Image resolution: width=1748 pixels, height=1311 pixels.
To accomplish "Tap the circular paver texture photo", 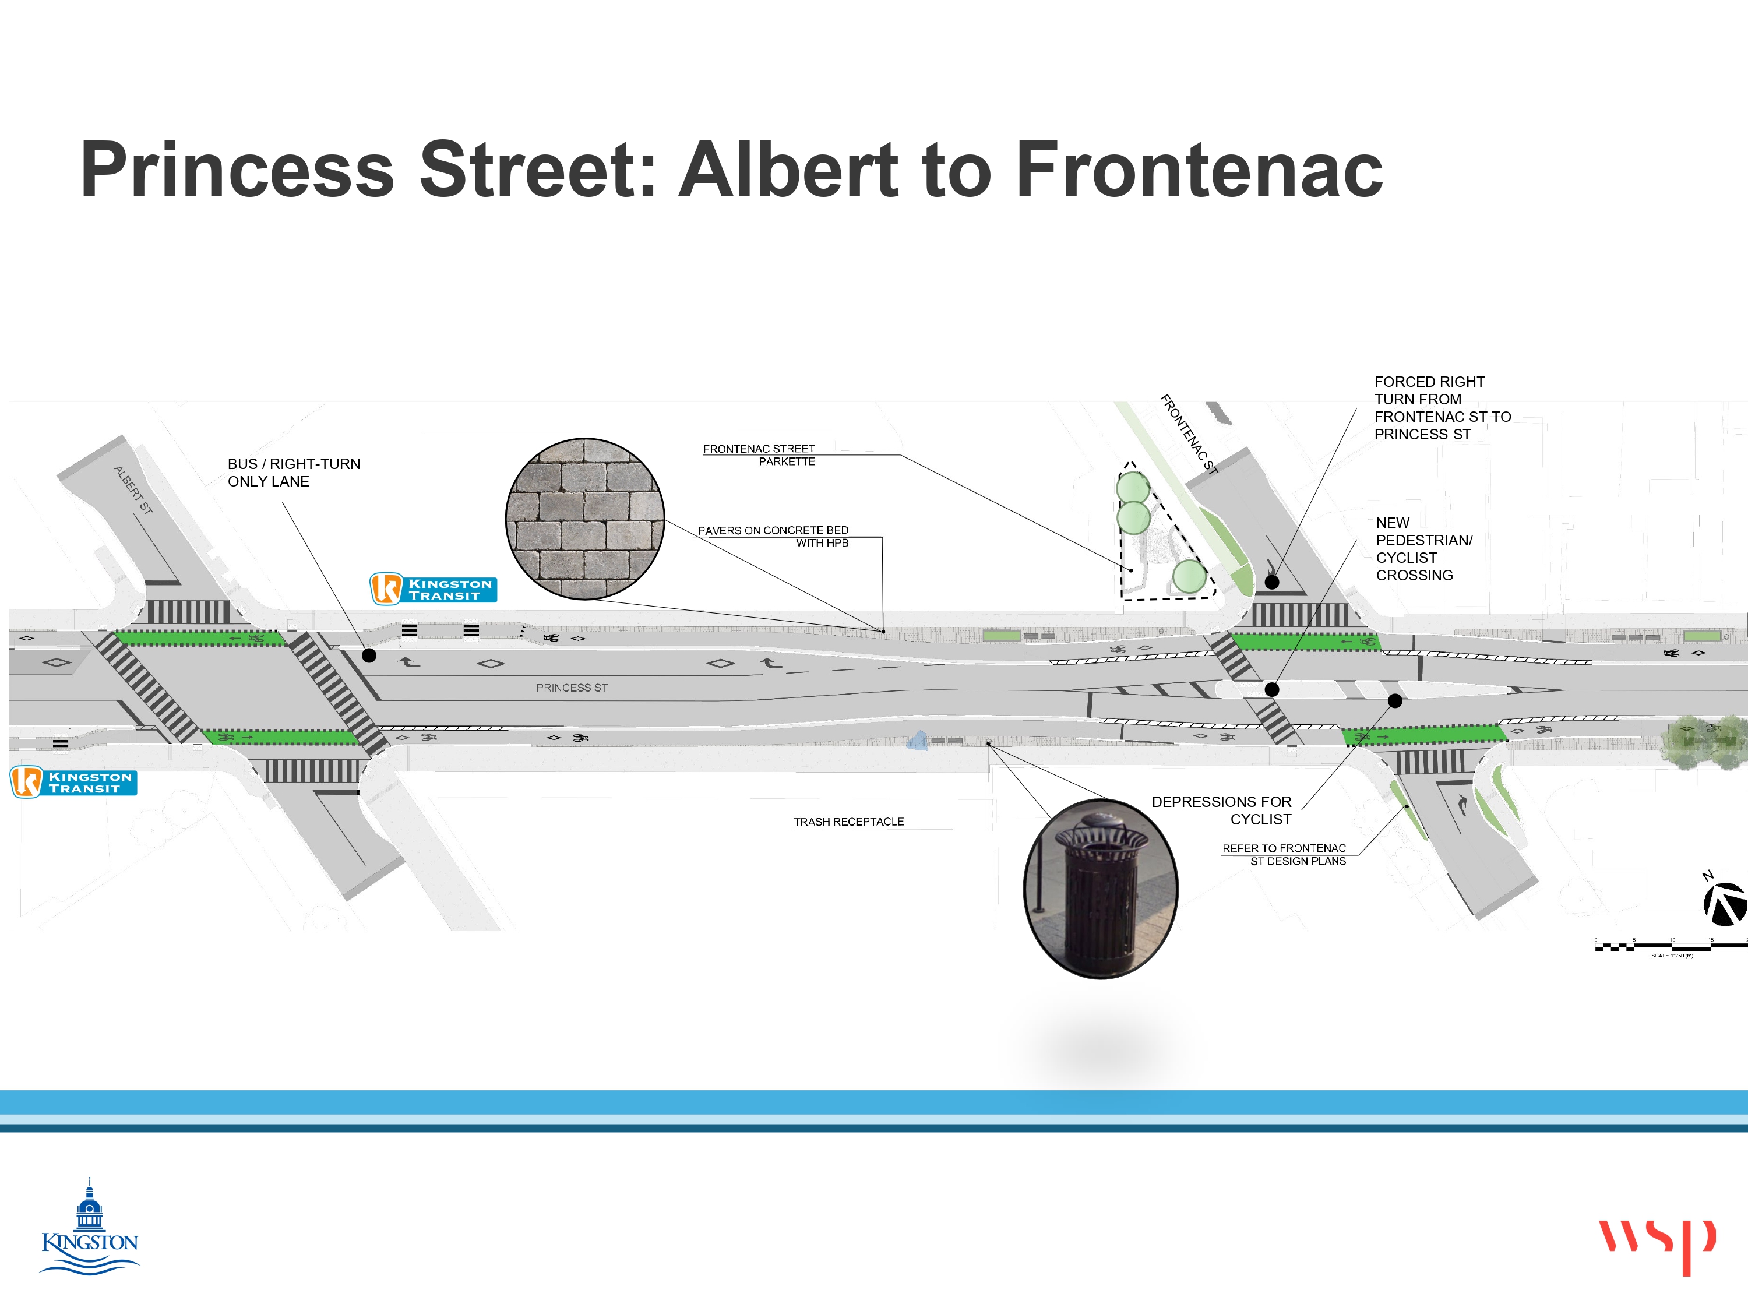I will click(585, 519).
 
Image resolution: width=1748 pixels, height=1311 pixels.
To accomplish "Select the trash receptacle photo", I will click(1100, 888).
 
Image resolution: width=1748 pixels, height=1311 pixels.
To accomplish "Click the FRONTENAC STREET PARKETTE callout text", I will click(759, 455).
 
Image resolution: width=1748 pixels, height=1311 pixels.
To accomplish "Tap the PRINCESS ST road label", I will click(572, 688).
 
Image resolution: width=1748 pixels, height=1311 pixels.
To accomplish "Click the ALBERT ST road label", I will click(133, 491).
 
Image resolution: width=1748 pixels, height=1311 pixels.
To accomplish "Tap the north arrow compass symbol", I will click(1725, 903).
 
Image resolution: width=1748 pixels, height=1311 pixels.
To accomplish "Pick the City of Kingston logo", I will click(89, 1227).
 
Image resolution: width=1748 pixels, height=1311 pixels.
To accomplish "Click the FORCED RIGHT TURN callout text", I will click(1442, 408).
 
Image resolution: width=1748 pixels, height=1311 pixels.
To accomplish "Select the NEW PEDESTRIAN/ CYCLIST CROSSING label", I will click(1423, 549).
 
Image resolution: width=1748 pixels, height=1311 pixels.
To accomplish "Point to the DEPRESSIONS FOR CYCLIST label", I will click(1222, 810).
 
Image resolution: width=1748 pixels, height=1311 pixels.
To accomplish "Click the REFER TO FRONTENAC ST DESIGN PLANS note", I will click(1284, 854).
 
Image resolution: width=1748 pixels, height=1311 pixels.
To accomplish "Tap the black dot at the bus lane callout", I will click(369, 655).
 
